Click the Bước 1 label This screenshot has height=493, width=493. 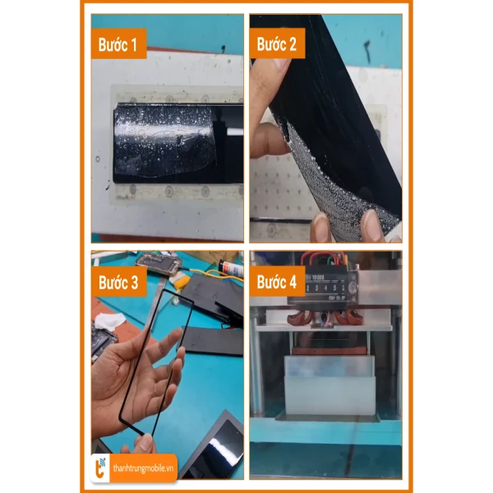click(117, 44)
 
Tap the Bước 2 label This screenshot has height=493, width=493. click(276, 44)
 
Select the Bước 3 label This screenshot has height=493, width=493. click(118, 283)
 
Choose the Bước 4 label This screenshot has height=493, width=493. click(277, 282)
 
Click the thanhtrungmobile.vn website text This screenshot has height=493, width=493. click(143, 468)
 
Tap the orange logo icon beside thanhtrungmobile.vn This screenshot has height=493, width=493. click(100, 468)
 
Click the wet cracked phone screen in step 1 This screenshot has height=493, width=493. click(178, 143)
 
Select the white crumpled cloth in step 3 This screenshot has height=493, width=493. click(109, 321)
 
